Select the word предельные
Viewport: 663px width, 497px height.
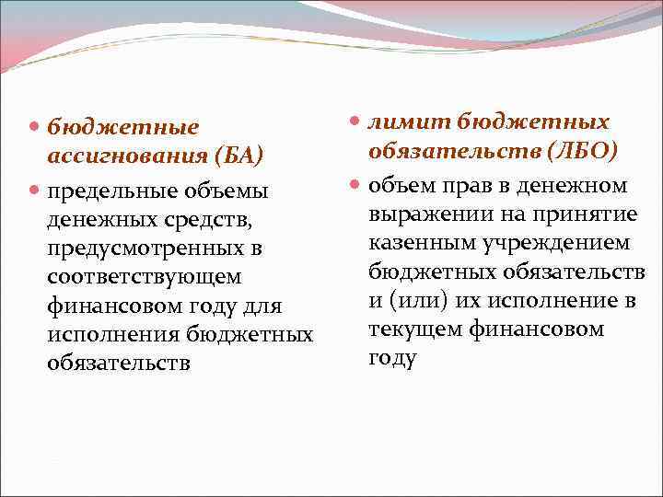(x=107, y=191)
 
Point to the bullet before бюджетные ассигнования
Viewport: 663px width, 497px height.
(x=34, y=126)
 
